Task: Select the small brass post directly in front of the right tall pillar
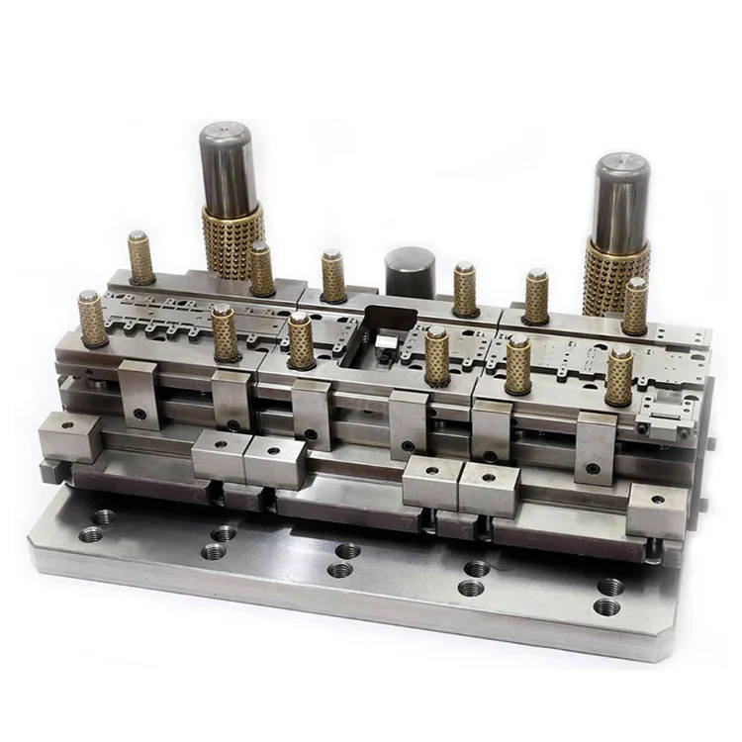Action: tap(635, 306)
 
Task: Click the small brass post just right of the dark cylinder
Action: tap(465, 288)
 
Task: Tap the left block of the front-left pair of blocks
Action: tap(220, 454)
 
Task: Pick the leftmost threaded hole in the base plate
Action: tap(90, 533)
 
